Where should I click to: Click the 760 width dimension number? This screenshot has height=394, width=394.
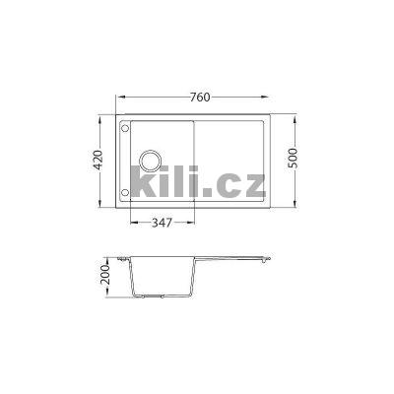click(199, 98)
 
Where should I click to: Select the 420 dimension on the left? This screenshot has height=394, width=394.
click(99, 161)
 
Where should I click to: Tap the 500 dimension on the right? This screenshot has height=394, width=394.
click(294, 161)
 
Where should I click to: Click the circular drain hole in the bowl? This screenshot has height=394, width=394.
click(153, 160)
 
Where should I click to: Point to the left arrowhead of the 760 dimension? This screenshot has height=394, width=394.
click(118, 98)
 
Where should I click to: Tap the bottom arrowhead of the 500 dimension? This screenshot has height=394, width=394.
click(294, 207)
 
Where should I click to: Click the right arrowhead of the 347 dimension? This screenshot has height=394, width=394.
click(191, 223)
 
